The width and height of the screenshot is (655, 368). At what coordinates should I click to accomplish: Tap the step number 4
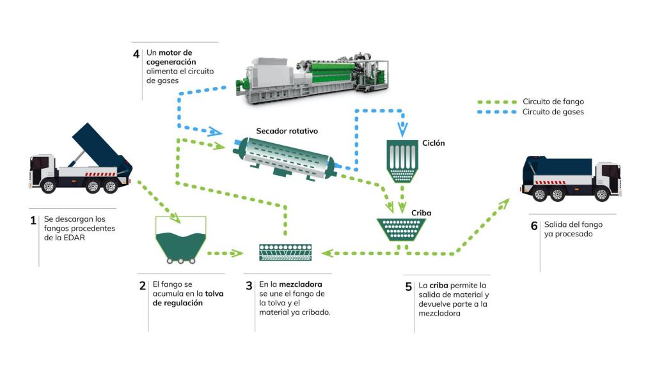point(136,54)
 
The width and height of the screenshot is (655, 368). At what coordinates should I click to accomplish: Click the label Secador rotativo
point(287,130)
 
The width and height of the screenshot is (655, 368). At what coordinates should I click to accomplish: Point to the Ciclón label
point(433,143)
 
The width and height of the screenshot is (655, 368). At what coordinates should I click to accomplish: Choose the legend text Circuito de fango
point(553,102)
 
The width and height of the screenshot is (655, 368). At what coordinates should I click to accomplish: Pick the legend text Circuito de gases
point(553,112)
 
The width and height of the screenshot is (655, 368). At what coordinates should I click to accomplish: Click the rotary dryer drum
point(285,155)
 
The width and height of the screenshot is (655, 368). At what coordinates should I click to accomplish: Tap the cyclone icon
point(402,162)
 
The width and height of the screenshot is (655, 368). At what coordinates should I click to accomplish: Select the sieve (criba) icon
point(402,229)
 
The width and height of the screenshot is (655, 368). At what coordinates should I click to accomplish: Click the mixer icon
point(285,252)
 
